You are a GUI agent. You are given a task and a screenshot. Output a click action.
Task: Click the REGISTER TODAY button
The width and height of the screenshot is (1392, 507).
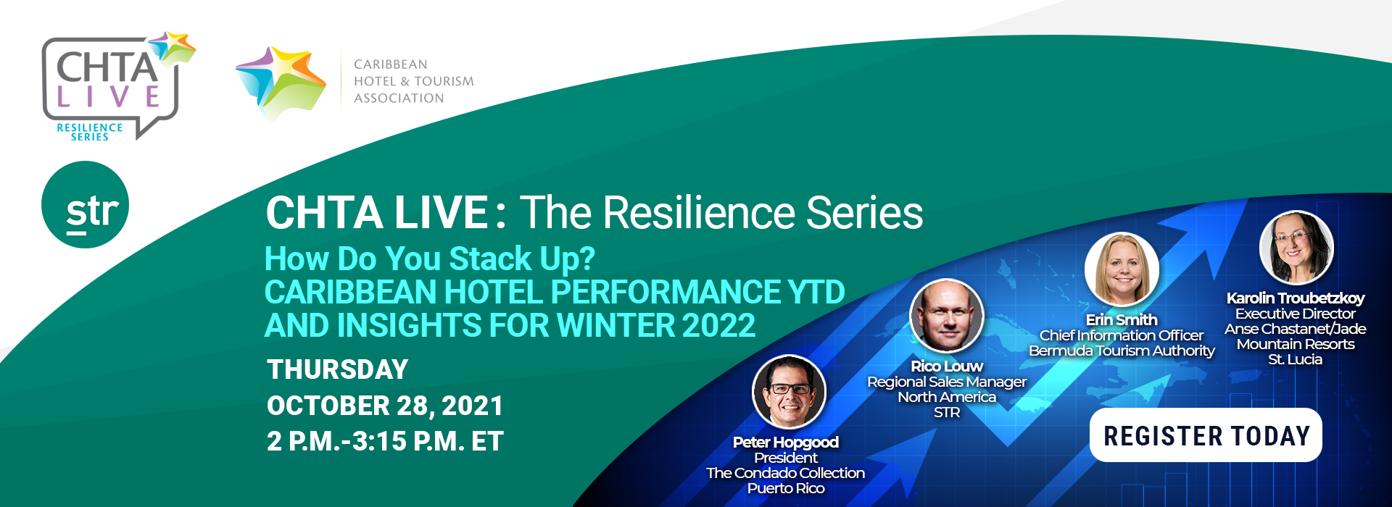[1206, 435]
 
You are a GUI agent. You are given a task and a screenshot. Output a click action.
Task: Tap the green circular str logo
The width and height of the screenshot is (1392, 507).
[86, 205]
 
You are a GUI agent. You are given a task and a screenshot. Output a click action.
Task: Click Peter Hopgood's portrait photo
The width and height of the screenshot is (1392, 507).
[789, 392]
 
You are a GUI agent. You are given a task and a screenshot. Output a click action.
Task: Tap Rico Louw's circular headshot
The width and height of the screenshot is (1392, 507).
[946, 317]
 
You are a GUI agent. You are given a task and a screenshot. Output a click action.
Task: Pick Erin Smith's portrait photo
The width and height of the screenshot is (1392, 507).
[1122, 269]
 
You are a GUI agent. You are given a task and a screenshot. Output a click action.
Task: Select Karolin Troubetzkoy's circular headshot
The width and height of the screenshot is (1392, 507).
[1296, 248]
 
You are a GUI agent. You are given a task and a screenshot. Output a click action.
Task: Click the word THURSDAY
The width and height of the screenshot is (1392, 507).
[338, 369]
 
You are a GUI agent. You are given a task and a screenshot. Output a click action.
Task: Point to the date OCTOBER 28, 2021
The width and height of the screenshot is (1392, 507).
[385, 406]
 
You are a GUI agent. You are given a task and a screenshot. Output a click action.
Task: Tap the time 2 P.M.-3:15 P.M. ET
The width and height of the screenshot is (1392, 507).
[385, 441]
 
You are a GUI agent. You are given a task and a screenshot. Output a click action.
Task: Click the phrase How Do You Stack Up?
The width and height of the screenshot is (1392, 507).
[429, 259]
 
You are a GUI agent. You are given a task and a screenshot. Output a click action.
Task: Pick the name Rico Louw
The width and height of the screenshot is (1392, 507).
[947, 366]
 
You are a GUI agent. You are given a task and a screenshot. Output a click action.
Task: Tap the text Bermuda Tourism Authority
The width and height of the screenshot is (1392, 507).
[1122, 351]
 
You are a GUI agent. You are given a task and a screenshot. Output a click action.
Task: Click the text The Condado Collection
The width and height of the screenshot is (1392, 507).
[786, 473]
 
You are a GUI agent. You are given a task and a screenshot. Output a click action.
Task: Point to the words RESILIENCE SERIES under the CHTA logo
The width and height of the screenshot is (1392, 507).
[90, 132]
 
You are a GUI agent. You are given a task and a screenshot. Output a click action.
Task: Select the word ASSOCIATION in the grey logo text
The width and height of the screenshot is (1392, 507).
[399, 98]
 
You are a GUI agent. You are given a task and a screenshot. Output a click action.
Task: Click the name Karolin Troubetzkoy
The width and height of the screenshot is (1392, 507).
[1296, 298]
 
